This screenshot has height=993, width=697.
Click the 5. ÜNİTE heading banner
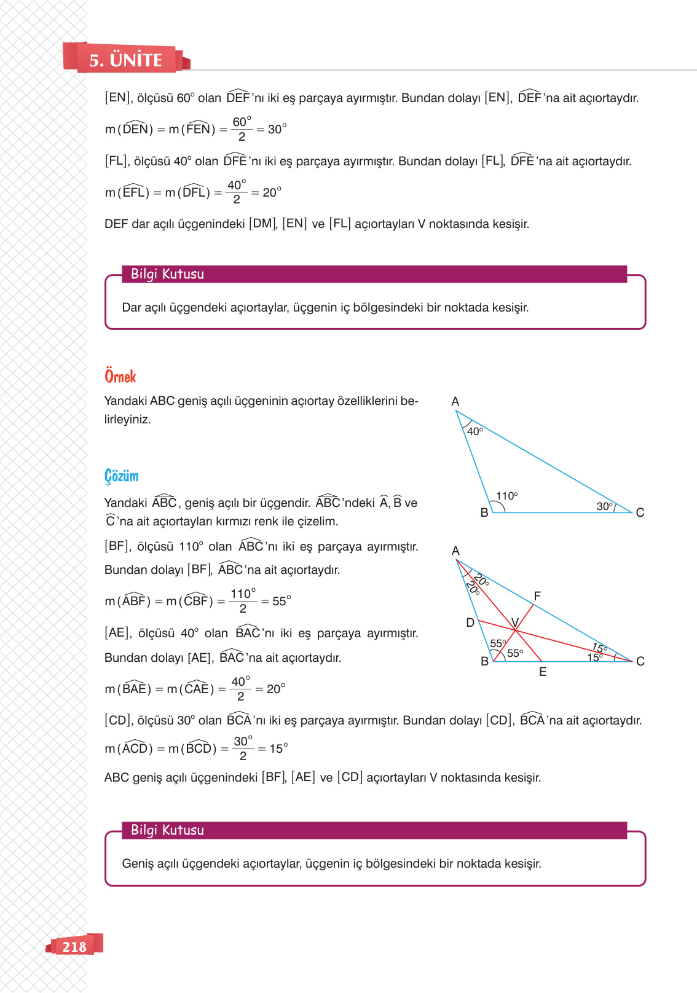click(x=125, y=60)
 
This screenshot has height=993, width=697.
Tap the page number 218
click(x=74, y=947)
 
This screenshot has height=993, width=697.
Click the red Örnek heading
click(x=120, y=377)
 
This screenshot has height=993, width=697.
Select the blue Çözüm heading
click(x=121, y=476)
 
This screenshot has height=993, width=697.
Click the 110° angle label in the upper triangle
click(x=507, y=496)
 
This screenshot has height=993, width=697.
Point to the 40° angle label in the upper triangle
click(x=475, y=431)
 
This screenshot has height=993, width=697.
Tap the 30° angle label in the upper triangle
click(x=604, y=506)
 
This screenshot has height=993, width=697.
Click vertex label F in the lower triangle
click(x=537, y=595)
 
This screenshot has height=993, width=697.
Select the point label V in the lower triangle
click(x=515, y=622)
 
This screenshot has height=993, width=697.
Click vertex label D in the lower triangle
click(x=470, y=622)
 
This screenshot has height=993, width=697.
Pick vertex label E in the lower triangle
click(x=543, y=672)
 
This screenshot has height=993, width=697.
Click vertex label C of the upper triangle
click(x=640, y=512)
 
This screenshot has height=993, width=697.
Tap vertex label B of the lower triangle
click(x=484, y=661)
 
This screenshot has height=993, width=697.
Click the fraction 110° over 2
click(x=243, y=601)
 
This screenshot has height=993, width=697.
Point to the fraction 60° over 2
click(x=242, y=129)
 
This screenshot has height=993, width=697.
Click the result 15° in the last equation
click(x=278, y=748)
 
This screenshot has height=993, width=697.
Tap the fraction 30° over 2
click(x=243, y=748)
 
